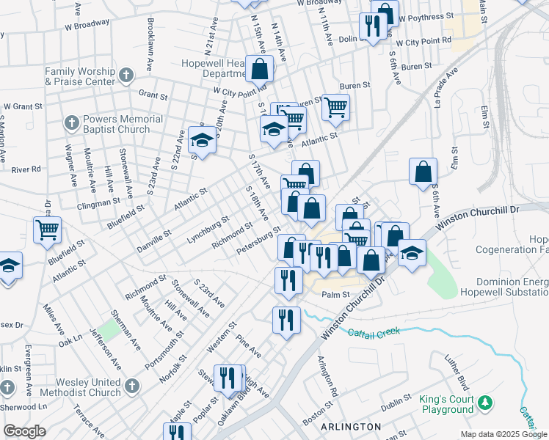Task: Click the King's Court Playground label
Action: pyautogui.click(x=446, y=404)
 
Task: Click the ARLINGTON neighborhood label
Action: pyautogui.click(x=350, y=426)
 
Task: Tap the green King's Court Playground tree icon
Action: pyautogui.click(x=484, y=403)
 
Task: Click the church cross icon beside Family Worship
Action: pyautogui.click(x=126, y=74)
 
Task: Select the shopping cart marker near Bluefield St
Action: pyautogui.click(x=47, y=230)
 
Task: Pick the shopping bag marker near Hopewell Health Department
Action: pyautogui.click(x=260, y=70)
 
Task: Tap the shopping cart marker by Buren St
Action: pyautogui.click(x=335, y=107)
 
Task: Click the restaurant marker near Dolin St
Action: pyautogui.click(x=373, y=28)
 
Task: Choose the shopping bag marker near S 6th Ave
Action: pyautogui.click(x=423, y=172)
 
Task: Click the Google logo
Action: pyautogui.click(x=24, y=430)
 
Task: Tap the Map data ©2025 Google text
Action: pyautogui.click(x=503, y=434)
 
